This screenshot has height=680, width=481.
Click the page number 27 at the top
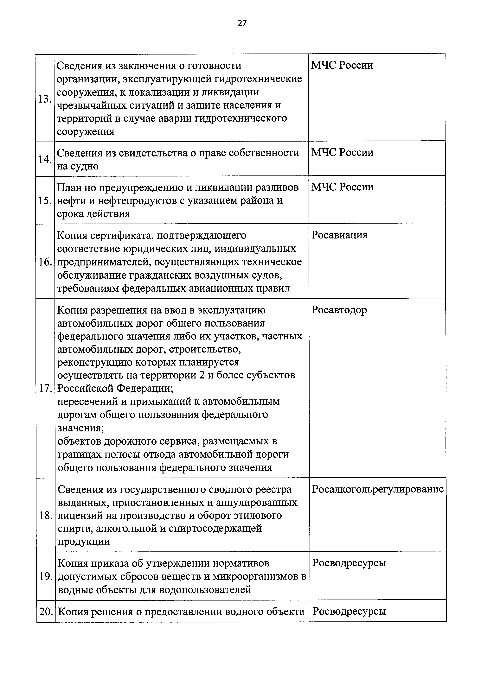(x=242, y=23)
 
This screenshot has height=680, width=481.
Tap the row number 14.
(x=45, y=160)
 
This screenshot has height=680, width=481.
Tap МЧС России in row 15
(x=342, y=187)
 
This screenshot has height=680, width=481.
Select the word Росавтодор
(x=339, y=310)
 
